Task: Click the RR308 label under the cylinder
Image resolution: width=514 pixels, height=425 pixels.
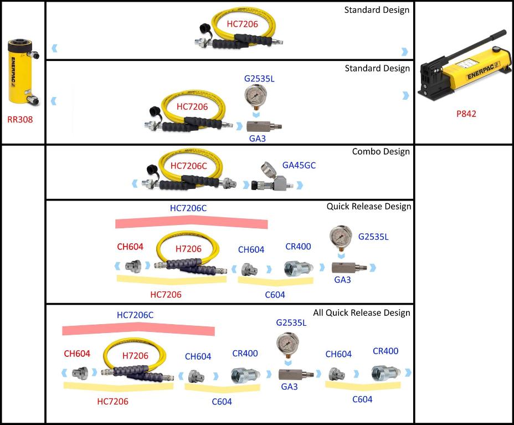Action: click(20, 119)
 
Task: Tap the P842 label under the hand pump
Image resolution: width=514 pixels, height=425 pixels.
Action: click(466, 114)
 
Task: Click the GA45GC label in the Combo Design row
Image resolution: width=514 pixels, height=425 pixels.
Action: click(299, 165)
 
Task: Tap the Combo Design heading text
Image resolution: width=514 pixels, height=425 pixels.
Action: click(381, 151)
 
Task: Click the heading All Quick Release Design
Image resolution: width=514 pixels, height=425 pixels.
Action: click(361, 313)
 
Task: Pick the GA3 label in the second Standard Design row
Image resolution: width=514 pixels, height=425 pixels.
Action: click(258, 139)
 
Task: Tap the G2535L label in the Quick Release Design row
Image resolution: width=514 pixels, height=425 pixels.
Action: click(373, 237)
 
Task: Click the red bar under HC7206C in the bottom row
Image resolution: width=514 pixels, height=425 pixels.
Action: click(138, 330)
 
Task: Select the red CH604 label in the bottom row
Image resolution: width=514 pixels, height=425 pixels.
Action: click(77, 353)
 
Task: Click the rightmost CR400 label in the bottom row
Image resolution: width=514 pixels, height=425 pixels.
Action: click(385, 351)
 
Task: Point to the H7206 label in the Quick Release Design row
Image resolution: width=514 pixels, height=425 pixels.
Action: click(188, 249)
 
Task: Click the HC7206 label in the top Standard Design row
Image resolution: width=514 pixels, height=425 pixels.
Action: click(242, 24)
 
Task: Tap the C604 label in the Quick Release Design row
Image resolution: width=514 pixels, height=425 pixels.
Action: click(275, 294)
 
